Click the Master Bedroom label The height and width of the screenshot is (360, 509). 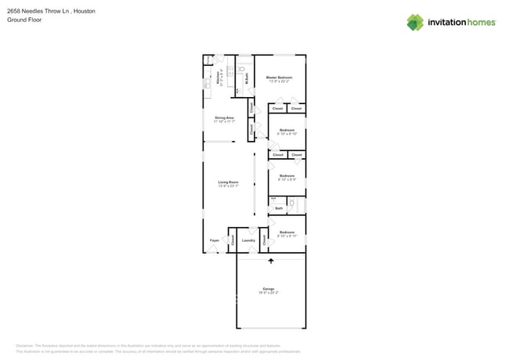(279, 77)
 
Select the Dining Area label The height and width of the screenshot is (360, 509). (224, 117)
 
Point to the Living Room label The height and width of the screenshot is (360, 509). (228, 182)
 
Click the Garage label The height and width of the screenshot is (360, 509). (269, 289)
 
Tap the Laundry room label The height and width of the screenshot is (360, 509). (248, 240)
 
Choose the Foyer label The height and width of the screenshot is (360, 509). (214, 240)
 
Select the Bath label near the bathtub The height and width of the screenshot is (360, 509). (278, 208)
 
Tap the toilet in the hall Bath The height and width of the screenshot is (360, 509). (291, 203)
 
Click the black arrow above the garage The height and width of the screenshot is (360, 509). (271, 262)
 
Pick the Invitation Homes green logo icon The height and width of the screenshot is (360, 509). (415, 22)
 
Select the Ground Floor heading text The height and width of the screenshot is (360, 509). (23, 20)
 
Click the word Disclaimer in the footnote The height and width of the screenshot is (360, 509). (25, 345)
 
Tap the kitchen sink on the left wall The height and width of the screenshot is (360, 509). (207, 81)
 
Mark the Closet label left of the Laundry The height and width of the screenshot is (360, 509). (233, 240)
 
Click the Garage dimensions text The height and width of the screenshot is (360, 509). (269, 293)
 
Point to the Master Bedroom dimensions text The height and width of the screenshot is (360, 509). (279, 81)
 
